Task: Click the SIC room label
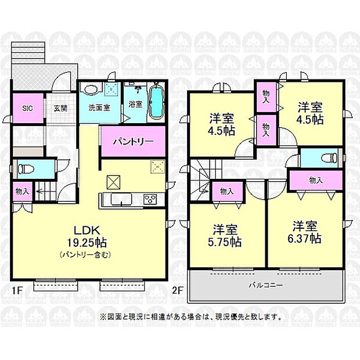(x=27, y=108)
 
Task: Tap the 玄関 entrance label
(x=60, y=108)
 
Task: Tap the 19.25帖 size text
(x=85, y=242)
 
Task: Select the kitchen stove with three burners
(x=150, y=199)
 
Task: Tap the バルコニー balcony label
(x=267, y=286)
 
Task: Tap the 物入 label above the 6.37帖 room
(x=316, y=181)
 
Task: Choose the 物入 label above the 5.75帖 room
(x=226, y=191)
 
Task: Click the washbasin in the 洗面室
(x=91, y=90)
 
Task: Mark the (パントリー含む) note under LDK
(x=85, y=254)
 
